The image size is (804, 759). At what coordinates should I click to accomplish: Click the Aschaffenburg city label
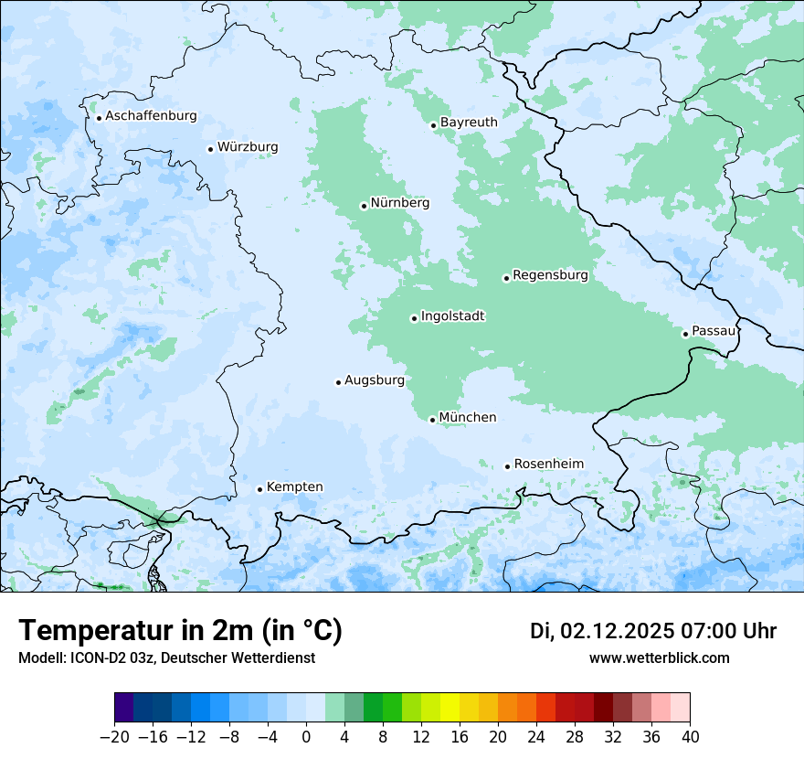(x=151, y=116)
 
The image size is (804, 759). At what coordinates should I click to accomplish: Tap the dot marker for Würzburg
(x=211, y=149)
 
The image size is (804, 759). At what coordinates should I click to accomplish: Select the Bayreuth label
(x=469, y=123)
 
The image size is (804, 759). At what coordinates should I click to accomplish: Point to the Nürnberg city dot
(x=364, y=206)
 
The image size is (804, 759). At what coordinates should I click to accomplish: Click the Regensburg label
(x=550, y=274)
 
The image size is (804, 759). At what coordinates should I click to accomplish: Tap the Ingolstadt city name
(x=452, y=316)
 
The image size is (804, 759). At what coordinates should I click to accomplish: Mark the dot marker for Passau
(x=685, y=334)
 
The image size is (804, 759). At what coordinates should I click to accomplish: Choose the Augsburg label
(x=375, y=380)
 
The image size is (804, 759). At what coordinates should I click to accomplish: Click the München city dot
(x=432, y=420)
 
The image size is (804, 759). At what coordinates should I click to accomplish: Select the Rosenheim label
(x=548, y=465)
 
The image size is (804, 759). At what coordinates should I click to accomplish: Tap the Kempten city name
(x=294, y=486)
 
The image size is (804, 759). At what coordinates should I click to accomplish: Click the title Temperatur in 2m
(x=180, y=630)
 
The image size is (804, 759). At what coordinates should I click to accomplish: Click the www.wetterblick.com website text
(x=659, y=657)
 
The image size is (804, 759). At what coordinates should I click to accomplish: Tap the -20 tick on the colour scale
(x=115, y=736)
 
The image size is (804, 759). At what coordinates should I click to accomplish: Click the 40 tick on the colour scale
(x=690, y=736)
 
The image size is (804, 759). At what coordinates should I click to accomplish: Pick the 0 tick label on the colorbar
(x=306, y=736)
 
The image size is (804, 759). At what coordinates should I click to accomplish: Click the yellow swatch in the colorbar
(x=450, y=708)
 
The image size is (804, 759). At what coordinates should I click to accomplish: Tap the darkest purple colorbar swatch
(x=124, y=708)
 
